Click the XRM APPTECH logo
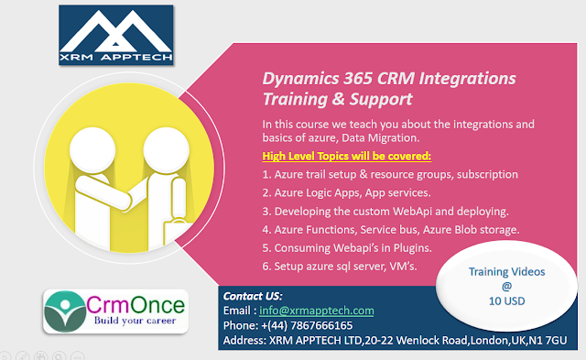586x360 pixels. tap(116, 35)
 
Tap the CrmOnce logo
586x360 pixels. tap(115, 311)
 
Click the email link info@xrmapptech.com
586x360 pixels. tap(317, 311)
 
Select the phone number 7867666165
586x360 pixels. tap(321, 325)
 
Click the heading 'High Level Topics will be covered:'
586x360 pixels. tap(346, 157)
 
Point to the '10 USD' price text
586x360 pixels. tap(506, 301)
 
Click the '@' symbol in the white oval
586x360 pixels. tap(506, 287)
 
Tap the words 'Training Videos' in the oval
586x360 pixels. tap(506, 272)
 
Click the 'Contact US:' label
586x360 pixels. tap(253, 296)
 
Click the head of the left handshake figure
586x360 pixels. tap(92, 150)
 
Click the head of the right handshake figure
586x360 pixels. tap(166, 150)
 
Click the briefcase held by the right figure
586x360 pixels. tap(179, 233)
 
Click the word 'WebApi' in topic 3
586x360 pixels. tap(412, 212)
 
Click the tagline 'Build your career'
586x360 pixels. tap(135, 321)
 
